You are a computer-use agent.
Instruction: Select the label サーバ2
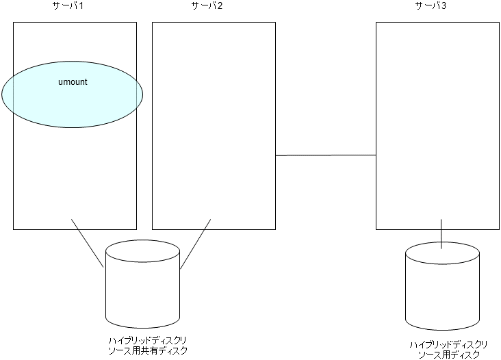pos(206,6)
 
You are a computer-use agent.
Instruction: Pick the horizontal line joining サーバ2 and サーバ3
pos(326,155)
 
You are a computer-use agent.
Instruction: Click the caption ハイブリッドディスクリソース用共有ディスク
pos(147,345)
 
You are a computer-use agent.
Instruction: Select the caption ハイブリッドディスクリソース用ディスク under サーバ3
pos(448,348)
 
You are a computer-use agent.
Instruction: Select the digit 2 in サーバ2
pos(220,6)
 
